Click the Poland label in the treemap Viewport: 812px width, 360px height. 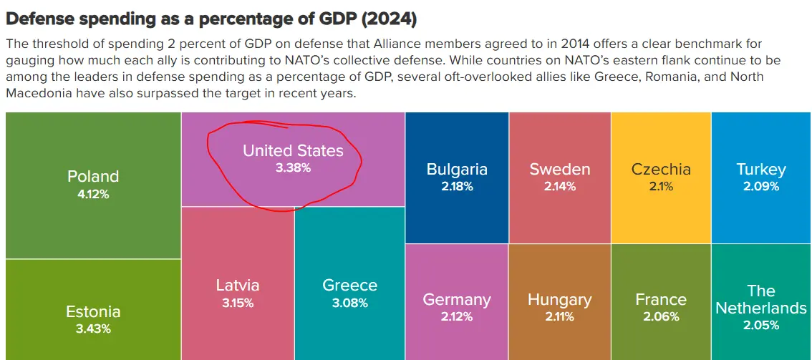pos(93,176)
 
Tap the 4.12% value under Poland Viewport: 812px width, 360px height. pos(93,194)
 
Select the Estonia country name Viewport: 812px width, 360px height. pos(93,311)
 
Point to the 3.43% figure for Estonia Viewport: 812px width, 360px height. pos(93,329)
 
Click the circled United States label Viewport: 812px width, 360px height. pos(293,150)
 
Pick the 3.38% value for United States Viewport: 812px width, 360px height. pos(293,168)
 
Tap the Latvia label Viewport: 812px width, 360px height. pos(238,285)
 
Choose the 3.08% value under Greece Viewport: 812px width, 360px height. pos(350,303)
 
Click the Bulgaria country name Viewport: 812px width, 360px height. pos(457,170)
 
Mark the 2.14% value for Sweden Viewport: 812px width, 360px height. pos(560,187)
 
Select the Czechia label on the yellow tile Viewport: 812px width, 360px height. pos(661,170)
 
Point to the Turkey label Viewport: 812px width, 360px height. pos(761,170)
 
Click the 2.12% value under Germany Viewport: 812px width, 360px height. pos(457,317)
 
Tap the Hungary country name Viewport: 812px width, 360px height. pos(560,299)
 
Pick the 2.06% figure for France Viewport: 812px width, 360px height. pos(661,317)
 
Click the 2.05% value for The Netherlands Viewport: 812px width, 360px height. pos(761,326)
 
